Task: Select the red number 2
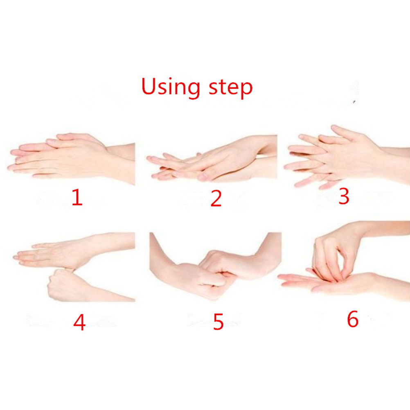point(216,199)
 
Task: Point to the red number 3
point(344,196)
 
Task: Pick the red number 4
point(79,322)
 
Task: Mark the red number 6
point(352,319)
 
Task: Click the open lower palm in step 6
point(329,282)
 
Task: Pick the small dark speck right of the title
point(354,102)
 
